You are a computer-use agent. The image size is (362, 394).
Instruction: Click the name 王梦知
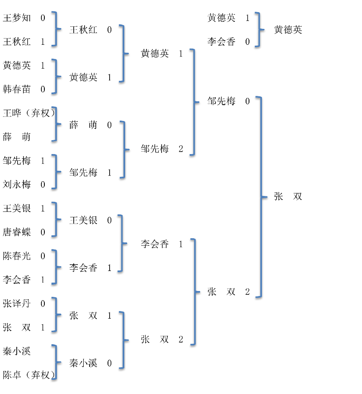click(17, 18)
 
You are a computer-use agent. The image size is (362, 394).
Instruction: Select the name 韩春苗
click(17, 89)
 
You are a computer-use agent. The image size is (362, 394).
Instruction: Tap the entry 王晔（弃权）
click(29, 113)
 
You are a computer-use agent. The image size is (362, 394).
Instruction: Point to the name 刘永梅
click(17, 184)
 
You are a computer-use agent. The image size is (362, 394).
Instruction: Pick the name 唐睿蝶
click(17, 232)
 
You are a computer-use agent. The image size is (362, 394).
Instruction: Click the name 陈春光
click(17, 256)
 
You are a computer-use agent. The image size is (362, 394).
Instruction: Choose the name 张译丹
click(17, 304)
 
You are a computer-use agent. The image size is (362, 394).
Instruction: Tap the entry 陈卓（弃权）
click(29, 375)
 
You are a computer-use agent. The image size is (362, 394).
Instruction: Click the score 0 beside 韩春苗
click(43, 89)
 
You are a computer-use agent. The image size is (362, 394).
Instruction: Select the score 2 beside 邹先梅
click(181, 149)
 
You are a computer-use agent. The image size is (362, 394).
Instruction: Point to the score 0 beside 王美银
click(110, 220)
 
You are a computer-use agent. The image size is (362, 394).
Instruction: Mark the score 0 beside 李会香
click(247, 41)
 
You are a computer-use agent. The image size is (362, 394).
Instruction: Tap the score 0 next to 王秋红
click(110, 30)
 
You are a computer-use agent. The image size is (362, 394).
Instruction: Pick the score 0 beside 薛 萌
click(110, 125)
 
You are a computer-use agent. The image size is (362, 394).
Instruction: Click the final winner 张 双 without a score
click(288, 197)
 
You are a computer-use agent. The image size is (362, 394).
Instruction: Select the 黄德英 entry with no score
click(288, 30)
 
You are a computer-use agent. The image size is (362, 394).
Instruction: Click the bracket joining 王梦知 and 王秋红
click(56, 29)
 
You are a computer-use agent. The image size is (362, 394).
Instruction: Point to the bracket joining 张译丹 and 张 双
click(56, 315)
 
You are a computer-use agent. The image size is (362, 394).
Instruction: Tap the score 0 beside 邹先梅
click(247, 101)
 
